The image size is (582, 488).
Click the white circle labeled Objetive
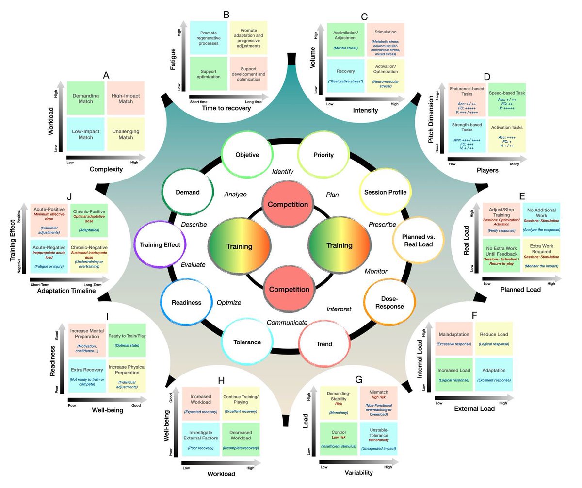pos(247,155)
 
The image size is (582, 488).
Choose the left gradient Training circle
pos(239,246)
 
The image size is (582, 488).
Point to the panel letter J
pos(70,196)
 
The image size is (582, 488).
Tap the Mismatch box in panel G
pos(379,402)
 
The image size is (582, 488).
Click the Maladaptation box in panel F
pos(453,338)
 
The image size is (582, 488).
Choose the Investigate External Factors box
pos(200,439)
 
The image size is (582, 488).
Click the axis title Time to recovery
pos(227,108)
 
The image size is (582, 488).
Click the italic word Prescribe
pos(383,225)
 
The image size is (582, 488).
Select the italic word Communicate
pos(287,323)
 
